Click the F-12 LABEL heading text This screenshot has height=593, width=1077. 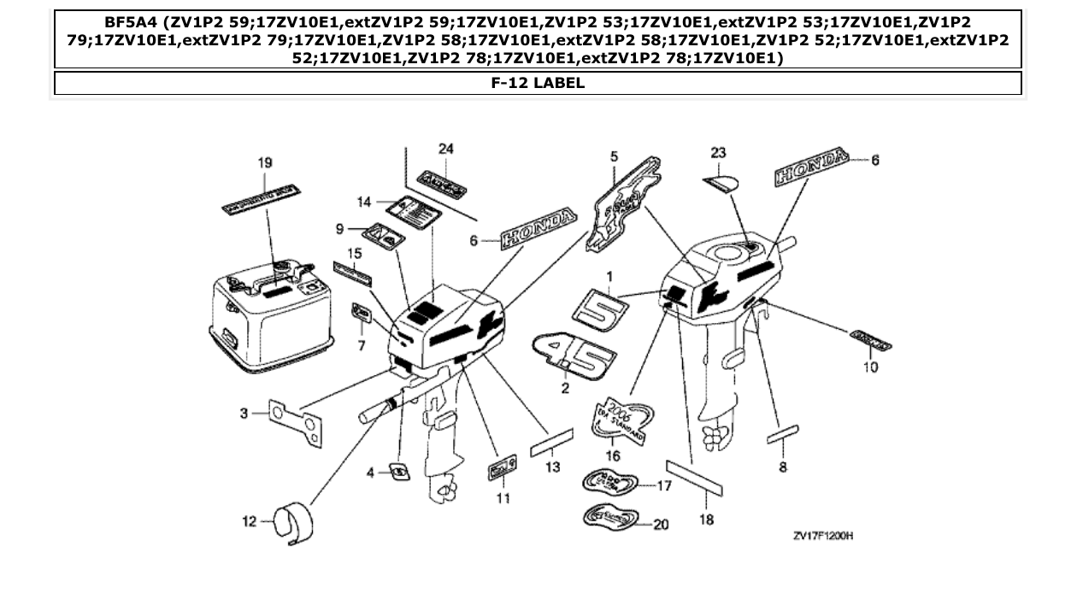pos(538,84)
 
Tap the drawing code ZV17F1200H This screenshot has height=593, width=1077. pos(823,536)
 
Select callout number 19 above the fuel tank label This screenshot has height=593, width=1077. pos(265,161)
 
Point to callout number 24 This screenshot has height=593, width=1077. pos(445,149)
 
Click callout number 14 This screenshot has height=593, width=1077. pos(364,202)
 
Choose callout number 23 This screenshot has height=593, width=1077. pos(718,153)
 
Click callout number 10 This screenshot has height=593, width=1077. pos(870,367)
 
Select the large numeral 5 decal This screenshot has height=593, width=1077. pos(599,307)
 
